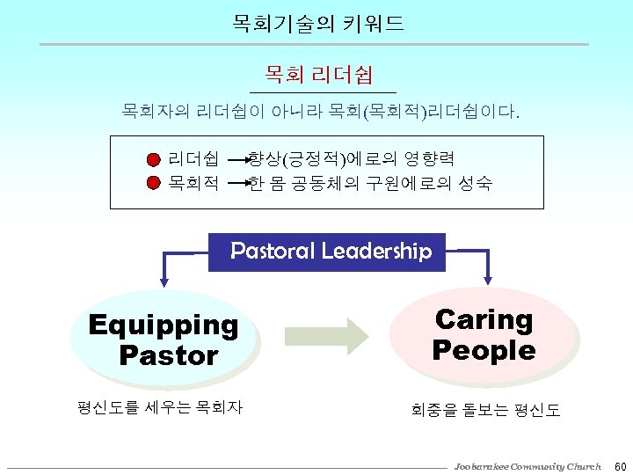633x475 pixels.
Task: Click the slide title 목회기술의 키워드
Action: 318,24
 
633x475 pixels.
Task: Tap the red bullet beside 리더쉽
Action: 154,160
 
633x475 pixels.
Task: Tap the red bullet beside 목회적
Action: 154,183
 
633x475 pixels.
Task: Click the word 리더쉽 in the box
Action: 193,159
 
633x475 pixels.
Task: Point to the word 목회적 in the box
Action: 193,183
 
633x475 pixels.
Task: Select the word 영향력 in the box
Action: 429,159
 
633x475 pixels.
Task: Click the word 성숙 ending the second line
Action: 474,183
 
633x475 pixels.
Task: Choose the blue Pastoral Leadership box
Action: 327,252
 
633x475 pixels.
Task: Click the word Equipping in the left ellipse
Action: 164,325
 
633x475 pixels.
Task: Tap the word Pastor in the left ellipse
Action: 168,356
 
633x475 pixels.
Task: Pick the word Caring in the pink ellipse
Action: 484,319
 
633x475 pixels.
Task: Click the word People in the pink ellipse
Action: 484,350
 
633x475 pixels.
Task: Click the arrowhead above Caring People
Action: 489,280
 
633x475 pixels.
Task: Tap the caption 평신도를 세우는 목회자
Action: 160,407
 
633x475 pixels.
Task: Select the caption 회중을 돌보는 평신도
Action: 485,410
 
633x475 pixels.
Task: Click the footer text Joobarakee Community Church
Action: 527,465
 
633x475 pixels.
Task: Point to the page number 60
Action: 619,465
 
